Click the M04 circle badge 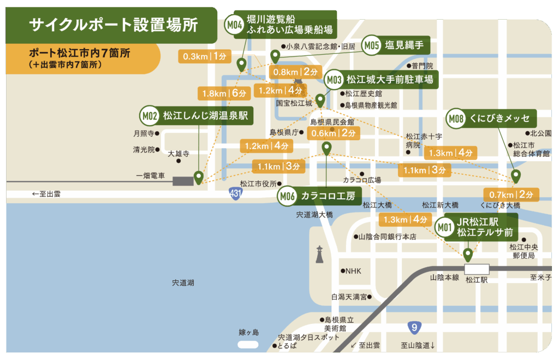click(x=234, y=25)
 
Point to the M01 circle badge click(x=445, y=227)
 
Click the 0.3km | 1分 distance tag click(x=201, y=56)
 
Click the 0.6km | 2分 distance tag click(x=333, y=133)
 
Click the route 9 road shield click(x=415, y=328)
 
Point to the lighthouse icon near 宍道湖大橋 click(x=319, y=254)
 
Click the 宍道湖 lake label click(x=183, y=283)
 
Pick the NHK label click(x=353, y=271)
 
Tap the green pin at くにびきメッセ click(x=515, y=176)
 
